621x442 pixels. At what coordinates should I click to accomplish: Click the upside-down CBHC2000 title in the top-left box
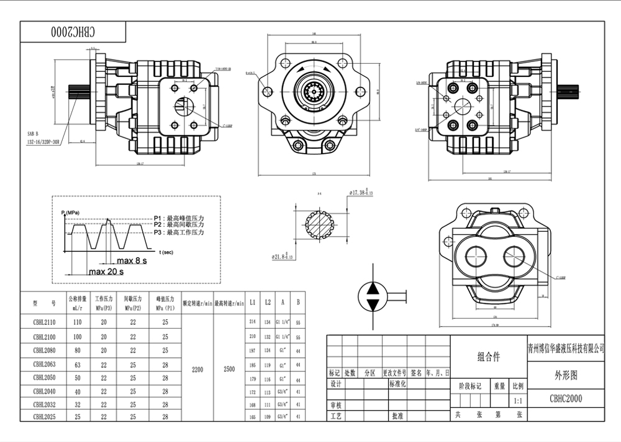tap(73, 31)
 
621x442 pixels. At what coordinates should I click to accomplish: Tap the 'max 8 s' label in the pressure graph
tap(132, 261)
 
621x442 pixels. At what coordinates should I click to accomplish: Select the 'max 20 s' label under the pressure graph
tap(106, 272)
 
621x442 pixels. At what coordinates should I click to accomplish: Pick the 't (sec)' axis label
tap(166, 252)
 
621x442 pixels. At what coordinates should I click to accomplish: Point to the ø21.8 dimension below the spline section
tap(282, 255)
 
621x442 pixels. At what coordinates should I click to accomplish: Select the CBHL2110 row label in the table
tap(44, 322)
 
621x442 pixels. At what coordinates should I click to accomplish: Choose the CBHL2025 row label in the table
tap(44, 417)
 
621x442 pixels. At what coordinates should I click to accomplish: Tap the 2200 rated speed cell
tap(197, 369)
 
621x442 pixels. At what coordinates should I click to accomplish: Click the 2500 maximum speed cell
tap(229, 369)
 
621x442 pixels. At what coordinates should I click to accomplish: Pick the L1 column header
tap(252, 303)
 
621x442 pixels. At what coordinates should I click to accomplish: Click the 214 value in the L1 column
tap(252, 322)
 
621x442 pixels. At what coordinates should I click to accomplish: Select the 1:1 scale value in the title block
tap(518, 401)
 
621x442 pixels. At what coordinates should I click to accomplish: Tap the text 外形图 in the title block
tap(565, 375)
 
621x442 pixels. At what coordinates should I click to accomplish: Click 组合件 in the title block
tap(488, 357)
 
